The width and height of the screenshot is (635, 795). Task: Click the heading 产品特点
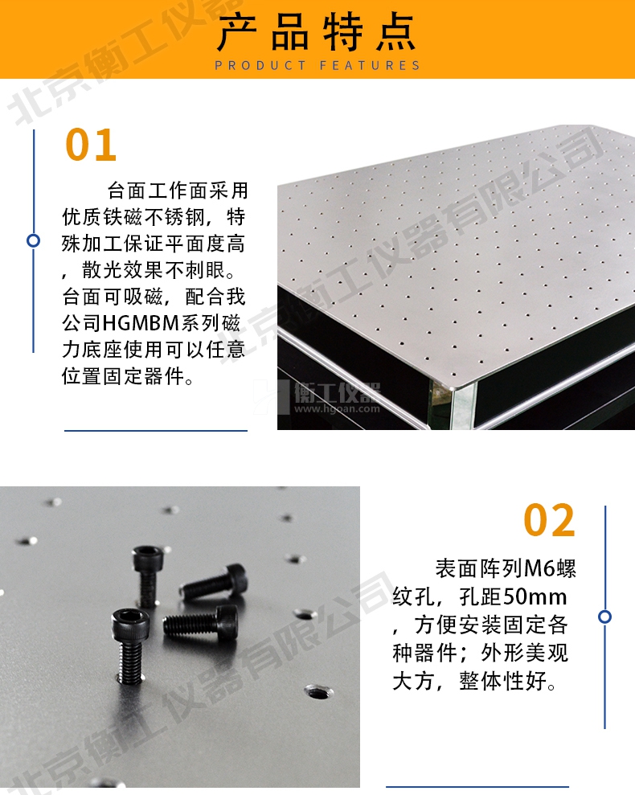click(317, 32)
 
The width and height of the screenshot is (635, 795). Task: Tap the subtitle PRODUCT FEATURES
click(317, 65)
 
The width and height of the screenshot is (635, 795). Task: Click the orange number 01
click(91, 145)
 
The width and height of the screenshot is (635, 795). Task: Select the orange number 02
click(549, 520)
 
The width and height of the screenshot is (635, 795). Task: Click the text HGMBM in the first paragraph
click(141, 323)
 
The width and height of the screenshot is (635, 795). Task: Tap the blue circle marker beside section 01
click(34, 240)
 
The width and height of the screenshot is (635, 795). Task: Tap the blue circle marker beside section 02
click(604, 617)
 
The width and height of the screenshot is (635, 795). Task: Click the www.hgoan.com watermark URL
click(337, 408)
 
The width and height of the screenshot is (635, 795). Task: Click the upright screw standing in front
click(130, 645)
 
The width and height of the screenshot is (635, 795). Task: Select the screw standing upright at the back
click(148, 575)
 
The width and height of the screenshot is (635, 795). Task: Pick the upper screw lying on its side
click(214, 581)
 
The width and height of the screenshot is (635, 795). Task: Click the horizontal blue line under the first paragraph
click(156, 431)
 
